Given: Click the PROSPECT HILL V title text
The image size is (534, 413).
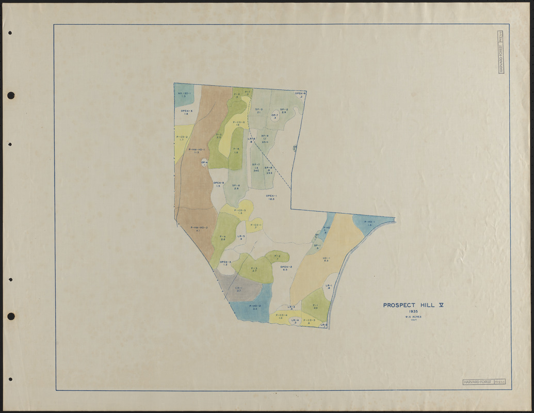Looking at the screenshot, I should pyautogui.click(x=413, y=305).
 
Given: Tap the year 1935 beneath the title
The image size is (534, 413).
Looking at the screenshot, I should pyautogui.click(x=413, y=312).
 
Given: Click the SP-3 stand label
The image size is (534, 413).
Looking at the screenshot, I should pyautogui.click(x=258, y=110).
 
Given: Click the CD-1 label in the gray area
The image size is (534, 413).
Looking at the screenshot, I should pyautogui.click(x=239, y=289).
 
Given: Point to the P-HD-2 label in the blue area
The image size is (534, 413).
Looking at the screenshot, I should pyautogui.click(x=255, y=307).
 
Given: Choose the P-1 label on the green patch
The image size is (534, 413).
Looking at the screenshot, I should pyautogui.click(x=315, y=306).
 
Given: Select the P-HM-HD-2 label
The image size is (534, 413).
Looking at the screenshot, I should pyautogui.click(x=199, y=229).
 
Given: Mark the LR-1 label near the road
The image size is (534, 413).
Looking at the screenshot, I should pyautogui.click(x=329, y=287).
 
